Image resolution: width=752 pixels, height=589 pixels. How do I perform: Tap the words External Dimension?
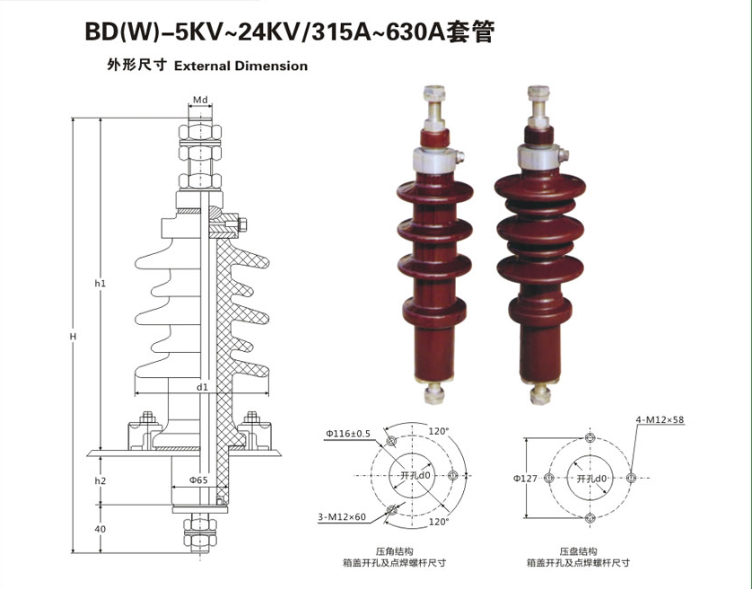pyautogui.click(x=240, y=66)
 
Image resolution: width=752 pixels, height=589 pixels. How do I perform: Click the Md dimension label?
pyautogui.click(x=200, y=100)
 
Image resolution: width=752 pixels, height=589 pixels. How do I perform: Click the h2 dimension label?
pyautogui.click(x=101, y=481)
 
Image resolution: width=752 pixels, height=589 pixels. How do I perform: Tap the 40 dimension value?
pyautogui.click(x=101, y=529)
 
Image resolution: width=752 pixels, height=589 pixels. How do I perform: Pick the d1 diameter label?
pyautogui.click(x=203, y=387)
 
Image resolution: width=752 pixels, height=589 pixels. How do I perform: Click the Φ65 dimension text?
pyautogui.click(x=198, y=480)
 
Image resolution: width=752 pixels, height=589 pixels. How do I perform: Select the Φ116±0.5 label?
pyautogui.click(x=348, y=434)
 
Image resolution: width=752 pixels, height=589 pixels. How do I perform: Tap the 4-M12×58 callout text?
pyautogui.click(x=660, y=420)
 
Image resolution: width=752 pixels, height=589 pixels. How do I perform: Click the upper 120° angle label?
pyautogui.click(x=438, y=431)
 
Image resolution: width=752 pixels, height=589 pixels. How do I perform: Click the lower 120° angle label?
pyautogui.click(x=438, y=521)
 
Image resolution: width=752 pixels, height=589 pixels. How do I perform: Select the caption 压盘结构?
pyautogui.click(x=578, y=550)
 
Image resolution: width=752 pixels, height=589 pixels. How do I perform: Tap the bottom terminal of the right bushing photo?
pyautogui.click(x=541, y=392)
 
